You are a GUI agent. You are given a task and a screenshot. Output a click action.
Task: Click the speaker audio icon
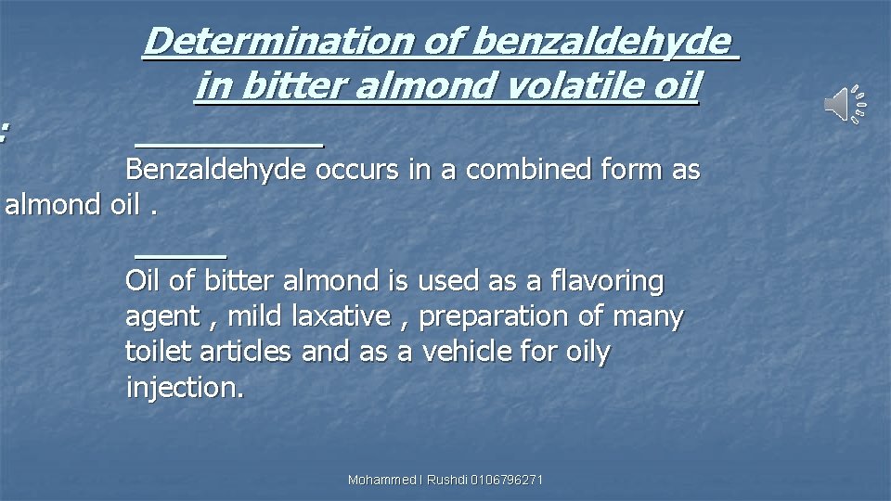click(845, 103)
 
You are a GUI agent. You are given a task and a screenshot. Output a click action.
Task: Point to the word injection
click(185, 387)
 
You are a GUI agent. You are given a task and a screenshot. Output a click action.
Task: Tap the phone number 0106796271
click(507, 480)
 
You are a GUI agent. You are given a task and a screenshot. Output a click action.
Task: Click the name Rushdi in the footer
click(447, 480)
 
